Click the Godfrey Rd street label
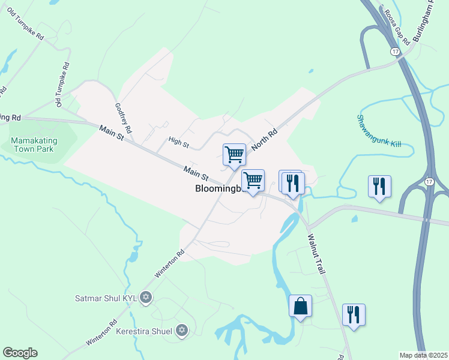pos(123,118)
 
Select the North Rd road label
pos(265,139)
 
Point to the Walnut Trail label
pos(316,254)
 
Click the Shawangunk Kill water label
pos(379,131)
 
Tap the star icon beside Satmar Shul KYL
pos(145,297)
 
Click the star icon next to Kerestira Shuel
pos(182,330)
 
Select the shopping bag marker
pos(300,307)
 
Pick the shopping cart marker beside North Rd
pos(234,154)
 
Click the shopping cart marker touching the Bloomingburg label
pos(253,180)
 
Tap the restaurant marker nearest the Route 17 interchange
pos(379,187)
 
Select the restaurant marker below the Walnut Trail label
pos(354,315)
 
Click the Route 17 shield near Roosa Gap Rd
pos(394,52)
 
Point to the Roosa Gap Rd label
pos(397,27)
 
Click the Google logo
pos(20,353)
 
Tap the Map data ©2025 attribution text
pos(423,355)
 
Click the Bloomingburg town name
pos(218,188)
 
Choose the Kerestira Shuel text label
pos(143,331)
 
